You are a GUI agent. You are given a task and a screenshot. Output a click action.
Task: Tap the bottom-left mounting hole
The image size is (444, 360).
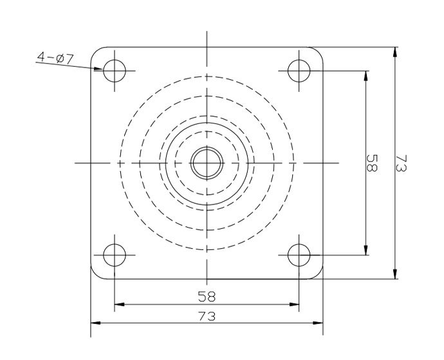(x=115, y=255)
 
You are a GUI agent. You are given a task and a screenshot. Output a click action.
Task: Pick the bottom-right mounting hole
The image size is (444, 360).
(x=299, y=255)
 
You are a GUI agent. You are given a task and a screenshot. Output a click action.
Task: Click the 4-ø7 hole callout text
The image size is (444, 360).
(x=55, y=58)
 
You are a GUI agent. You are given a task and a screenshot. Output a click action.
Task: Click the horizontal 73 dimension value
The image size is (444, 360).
(x=207, y=316)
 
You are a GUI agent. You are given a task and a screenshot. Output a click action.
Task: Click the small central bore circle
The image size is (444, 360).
(x=207, y=163)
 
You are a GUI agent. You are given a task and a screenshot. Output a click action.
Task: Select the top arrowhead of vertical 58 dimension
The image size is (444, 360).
(x=365, y=74)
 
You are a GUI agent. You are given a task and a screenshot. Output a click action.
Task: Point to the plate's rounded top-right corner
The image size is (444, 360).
(x=318, y=52)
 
